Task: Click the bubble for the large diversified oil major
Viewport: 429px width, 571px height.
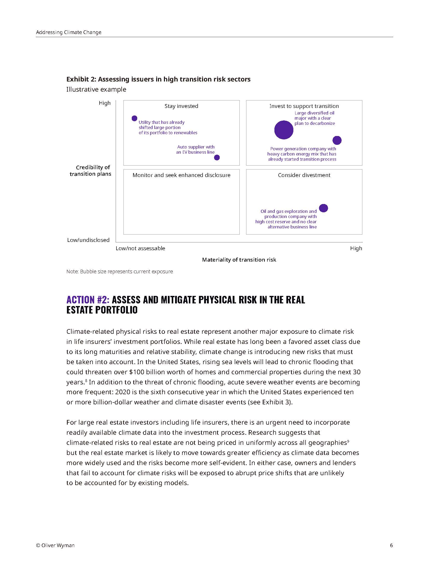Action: pyautogui.click(x=283, y=130)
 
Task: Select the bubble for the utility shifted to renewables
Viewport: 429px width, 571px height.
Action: pyautogui.click(x=134, y=118)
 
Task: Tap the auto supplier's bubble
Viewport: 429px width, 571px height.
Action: pyautogui.click(x=217, y=157)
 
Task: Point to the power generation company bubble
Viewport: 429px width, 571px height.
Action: pyautogui.click(x=337, y=140)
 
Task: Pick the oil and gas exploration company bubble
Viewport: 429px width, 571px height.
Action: pyautogui.click(x=323, y=208)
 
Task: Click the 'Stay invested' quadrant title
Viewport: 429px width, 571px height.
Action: pyautogui.click(x=181, y=106)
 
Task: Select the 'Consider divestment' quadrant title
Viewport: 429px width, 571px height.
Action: pyautogui.click(x=304, y=175)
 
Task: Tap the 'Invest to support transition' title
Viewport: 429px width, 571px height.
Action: pyautogui.click(x=304, y=106)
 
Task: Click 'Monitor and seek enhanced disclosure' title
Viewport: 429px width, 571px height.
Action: pyautogui.click(x=181, y=175)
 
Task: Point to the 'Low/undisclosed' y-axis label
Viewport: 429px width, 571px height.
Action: pyautogui.click(x=88, y=240)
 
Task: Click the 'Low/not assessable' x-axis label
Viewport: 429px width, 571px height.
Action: pyautogui.click(x=140, y=248)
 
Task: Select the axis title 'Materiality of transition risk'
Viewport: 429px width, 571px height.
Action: pyautogui.click(x=239, y=260)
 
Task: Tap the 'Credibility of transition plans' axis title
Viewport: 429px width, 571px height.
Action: pyautogui.click(x=91, y=171)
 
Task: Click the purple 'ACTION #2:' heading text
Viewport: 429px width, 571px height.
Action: pyautogui.click(x=88, y=300)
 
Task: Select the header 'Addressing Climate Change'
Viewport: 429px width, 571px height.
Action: pyautogui.click(x=69, y=32)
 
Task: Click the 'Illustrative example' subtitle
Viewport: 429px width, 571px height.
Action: pyautogui.click(x=96, y=90)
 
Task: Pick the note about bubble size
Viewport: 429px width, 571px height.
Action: pyautogui.click(x=120, y=271)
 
